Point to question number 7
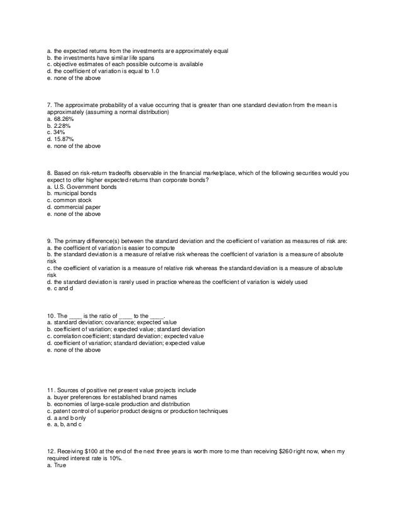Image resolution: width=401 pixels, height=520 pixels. pos(49,105)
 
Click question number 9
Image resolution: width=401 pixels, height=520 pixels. pos(49,240)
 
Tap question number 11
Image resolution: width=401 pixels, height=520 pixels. pos(50,390)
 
